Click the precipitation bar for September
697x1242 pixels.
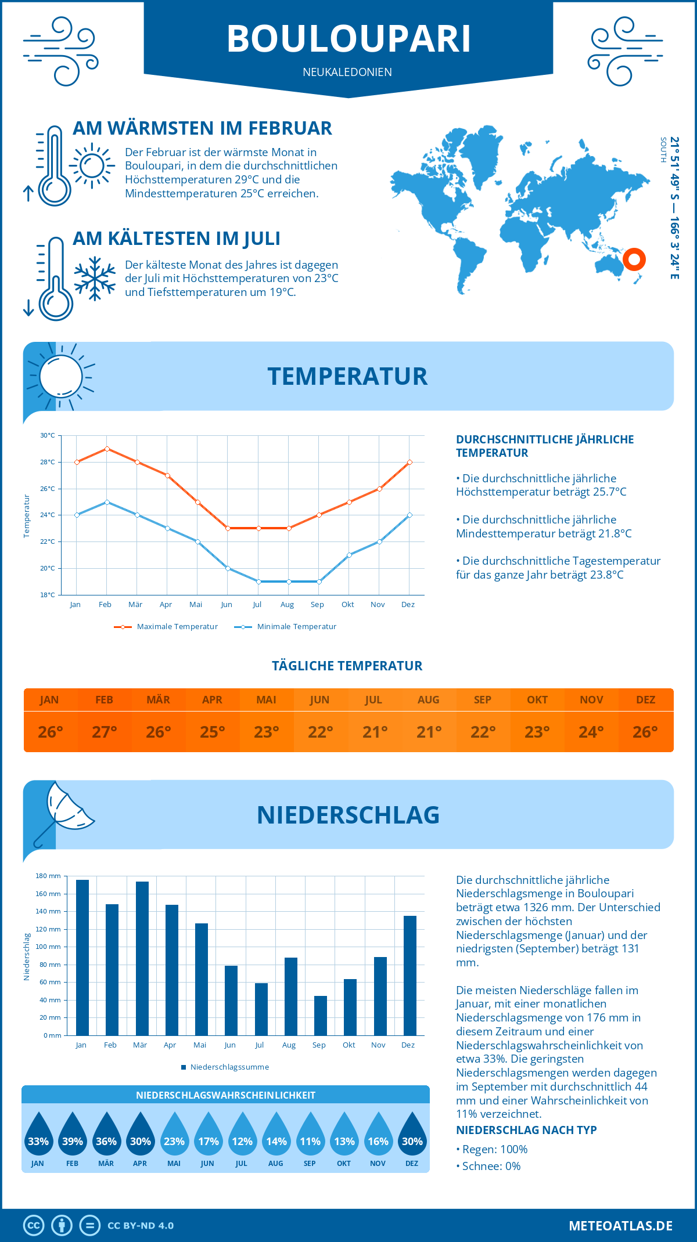[321, 1016]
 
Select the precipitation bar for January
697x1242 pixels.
[82, 958]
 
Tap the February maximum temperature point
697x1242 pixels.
[107, 449]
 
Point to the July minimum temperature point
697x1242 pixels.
[258, 582]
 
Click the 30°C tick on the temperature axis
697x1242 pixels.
[48, 435]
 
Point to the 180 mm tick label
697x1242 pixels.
[48, 876]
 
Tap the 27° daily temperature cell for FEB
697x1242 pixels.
[105, 732]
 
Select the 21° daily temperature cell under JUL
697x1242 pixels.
[375, 732]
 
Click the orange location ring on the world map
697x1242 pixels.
[634, 259]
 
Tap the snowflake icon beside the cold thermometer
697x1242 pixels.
[95, 279]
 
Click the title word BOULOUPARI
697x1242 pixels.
[348, 39]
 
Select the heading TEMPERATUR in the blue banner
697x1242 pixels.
[347, 376]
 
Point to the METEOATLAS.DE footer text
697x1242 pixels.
[620, 1226]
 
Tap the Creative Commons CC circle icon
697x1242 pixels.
[34, 1226]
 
